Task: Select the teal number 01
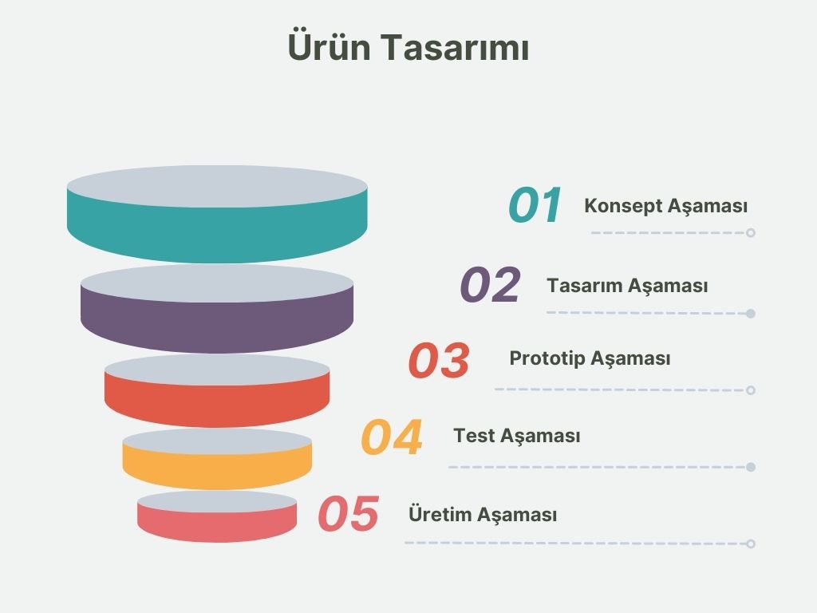pos(535,205)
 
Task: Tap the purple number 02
pos(491,284)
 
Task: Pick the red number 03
pos(439,360)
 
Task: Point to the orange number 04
pos(391,437)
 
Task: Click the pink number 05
pos(348,513)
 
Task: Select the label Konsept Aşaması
pos(665,206)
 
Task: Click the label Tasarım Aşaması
pos(627,286)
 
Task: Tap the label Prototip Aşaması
pos(590,358)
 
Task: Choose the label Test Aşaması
pos(516,436)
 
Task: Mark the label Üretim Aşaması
pos(483,514)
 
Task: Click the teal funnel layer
pos(217,235)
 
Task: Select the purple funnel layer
pos(217,326)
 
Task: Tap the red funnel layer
pos(217,404)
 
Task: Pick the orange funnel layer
pos(217,470)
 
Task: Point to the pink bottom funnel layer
pos(217,527)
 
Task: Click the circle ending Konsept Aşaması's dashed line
pos(750,233)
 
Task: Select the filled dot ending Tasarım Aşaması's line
pos(750,313)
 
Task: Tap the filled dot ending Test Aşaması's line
pos(750,467)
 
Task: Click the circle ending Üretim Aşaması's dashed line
pos(750,544)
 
